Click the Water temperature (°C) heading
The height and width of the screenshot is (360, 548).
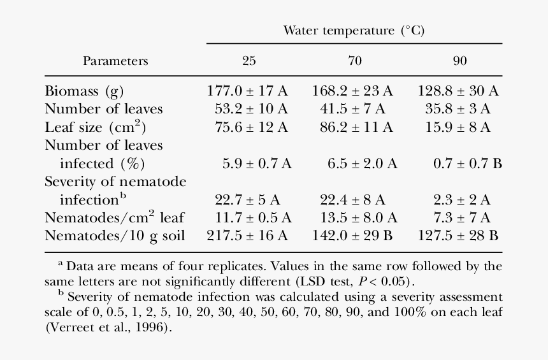[354, 31]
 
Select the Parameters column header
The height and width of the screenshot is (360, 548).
[115, 61]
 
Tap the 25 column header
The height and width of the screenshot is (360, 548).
[249, 61]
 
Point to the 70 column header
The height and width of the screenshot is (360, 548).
[354, 61]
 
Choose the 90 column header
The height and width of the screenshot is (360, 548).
[459, 61]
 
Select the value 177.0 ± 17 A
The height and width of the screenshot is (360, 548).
[247, 90]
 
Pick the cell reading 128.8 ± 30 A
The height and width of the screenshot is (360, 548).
[458, 90]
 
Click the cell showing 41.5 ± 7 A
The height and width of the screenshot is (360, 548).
[352, 109]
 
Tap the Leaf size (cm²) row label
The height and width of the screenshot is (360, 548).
[92, 127]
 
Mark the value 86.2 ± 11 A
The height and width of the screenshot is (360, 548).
[352, 127]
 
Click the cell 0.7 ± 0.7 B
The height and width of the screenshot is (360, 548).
[468, 164]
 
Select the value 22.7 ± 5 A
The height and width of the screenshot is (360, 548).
[247, 200]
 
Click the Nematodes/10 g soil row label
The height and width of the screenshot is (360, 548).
[115, 236]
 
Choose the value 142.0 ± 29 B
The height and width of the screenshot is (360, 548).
[352, 236]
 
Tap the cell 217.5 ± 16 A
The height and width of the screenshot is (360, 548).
[247, 236]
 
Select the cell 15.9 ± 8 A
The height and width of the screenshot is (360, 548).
[458, 127]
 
